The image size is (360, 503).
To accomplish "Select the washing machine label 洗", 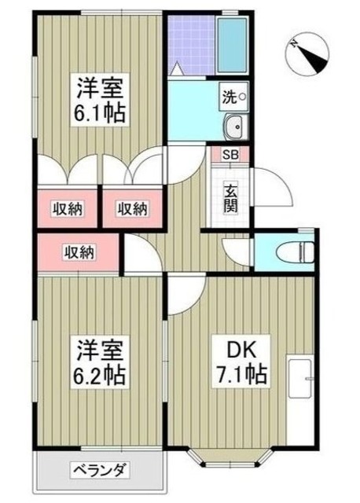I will pyautogui.click(x=230, y=97).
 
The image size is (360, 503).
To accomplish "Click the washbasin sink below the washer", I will pyautogui.click(x=233, y=127).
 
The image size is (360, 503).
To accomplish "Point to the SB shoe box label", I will pyautogui.click(x=232, y=155).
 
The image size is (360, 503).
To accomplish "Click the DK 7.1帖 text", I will pyautogui.click(x=243, y=361).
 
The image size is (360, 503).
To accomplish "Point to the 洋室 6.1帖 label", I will pyautogui.click(x=101, y=98).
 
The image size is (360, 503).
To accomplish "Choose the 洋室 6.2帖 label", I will pyautogui.click(x=101, y=358).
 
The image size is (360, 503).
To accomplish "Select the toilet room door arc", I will pyautogui.click(x=236, y=251).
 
